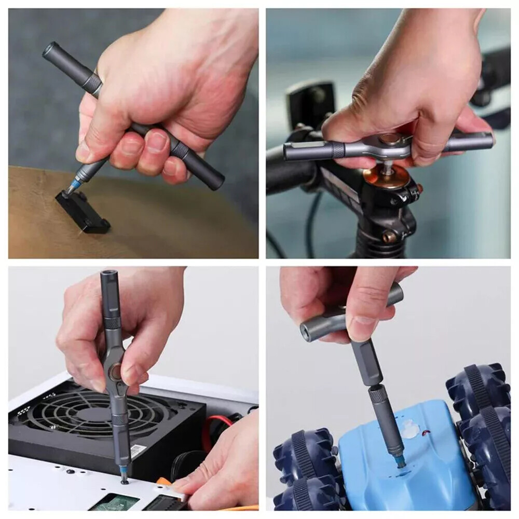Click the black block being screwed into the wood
tap(83, 213)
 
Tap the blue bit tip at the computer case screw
tap(123, 472)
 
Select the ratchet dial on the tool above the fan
tap(115, 371)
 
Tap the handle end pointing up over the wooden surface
tap(52, 50)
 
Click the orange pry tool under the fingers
tap(166, 482)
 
